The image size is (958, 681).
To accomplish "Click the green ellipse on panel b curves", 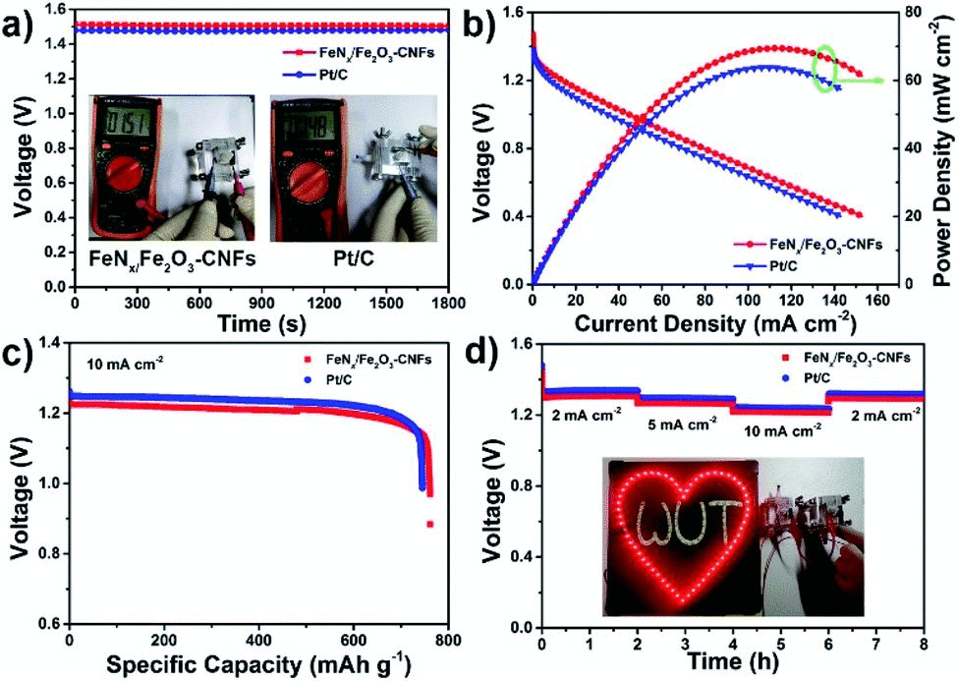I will (x=824, y=67).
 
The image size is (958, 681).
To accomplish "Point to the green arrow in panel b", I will (x=862, y=81).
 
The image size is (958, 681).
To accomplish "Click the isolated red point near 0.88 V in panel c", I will (x=429, y=525).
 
